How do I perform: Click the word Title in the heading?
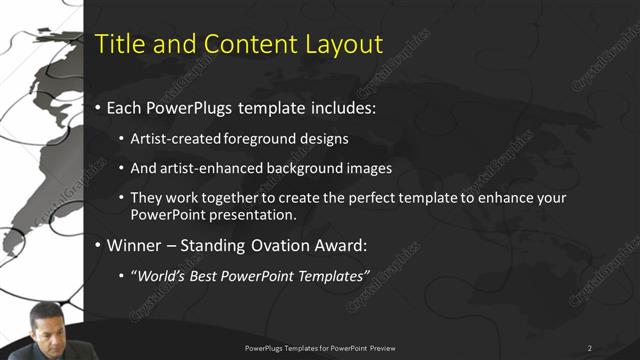[117, 44]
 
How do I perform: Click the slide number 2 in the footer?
[589, 348]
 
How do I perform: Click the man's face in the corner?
[47, 329]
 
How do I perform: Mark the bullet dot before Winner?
[97, 245]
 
